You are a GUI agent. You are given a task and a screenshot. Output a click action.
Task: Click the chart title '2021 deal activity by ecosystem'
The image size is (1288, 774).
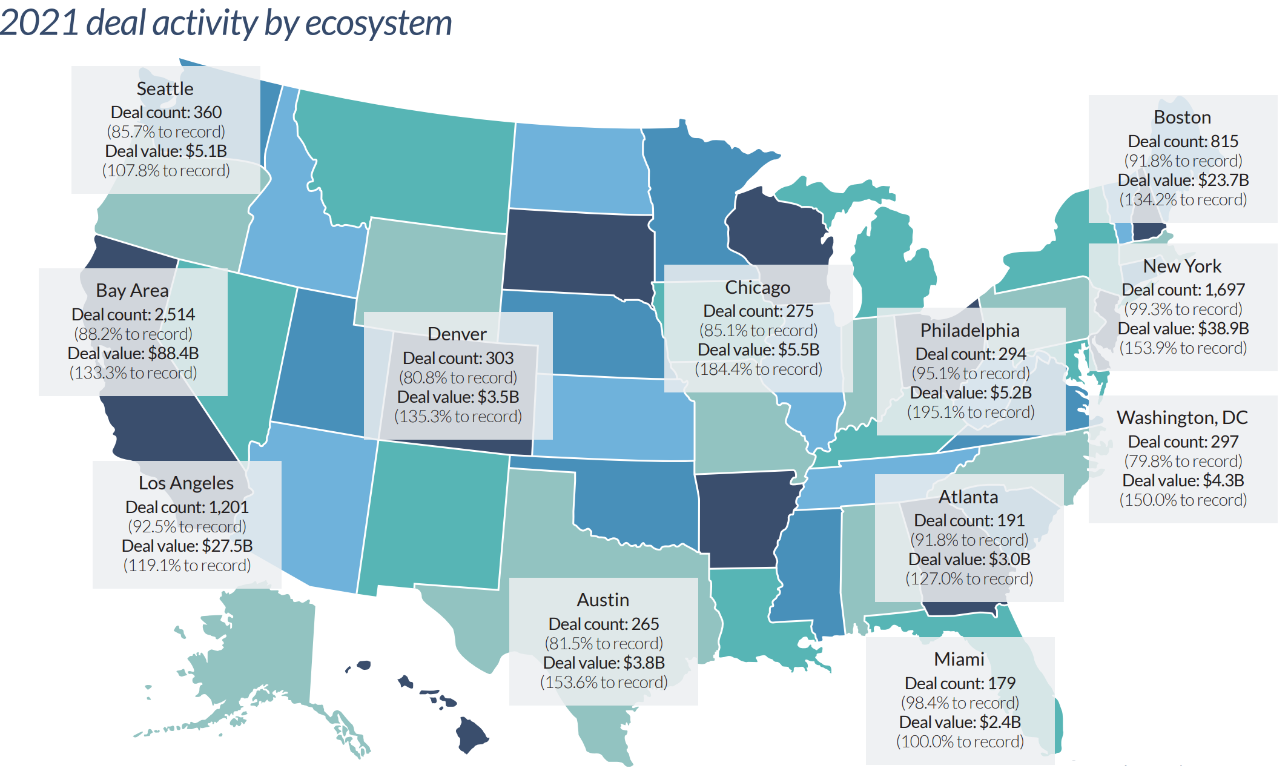point(225,23)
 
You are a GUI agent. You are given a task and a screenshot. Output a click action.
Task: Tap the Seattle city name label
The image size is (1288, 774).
point(165,89)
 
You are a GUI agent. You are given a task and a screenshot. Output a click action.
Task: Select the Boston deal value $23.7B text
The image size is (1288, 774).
point(1183,180)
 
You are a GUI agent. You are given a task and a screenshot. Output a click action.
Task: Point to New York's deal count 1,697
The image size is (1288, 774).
point(1183,290)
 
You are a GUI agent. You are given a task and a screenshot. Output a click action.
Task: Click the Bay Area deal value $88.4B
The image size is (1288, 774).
point(133,354)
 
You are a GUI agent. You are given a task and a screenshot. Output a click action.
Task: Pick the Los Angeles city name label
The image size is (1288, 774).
point(186,483)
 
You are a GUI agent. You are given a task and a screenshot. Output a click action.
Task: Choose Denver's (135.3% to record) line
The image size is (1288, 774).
point(458,417)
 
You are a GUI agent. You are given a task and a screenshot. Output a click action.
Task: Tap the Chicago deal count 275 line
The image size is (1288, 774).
point(758,311)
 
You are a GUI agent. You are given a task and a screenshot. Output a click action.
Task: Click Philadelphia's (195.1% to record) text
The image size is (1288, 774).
point(970,412)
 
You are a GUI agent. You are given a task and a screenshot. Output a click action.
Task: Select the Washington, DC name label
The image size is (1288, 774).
point(1182,418)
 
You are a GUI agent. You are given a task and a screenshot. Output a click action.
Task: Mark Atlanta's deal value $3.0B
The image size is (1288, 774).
point(969,560)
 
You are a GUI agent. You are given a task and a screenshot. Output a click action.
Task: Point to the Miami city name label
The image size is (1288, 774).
point(959,660)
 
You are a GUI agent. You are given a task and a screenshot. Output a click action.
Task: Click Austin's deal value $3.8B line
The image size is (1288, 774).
point(604,663)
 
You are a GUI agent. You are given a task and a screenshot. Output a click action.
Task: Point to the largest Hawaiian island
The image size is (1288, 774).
point(471,734)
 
